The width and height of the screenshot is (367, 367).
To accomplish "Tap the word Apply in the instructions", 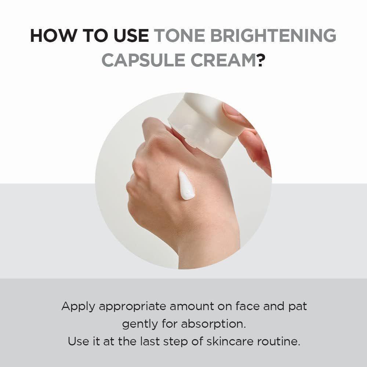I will tap(78, 306).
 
